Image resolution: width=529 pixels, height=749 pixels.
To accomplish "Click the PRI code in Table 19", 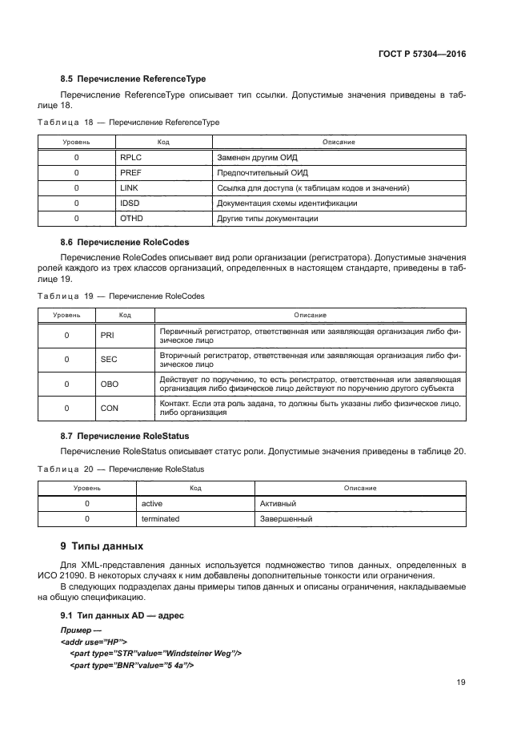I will pos(108,336).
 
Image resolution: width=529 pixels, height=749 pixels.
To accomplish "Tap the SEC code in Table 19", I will pos(109,360).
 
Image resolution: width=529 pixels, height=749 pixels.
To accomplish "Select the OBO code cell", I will pos(109,384).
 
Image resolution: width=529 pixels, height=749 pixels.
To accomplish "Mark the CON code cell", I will pos(109,408).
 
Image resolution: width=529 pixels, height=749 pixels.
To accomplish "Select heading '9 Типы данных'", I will pos(102,546).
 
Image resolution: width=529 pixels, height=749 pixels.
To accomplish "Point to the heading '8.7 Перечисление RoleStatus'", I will pos(124,436).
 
